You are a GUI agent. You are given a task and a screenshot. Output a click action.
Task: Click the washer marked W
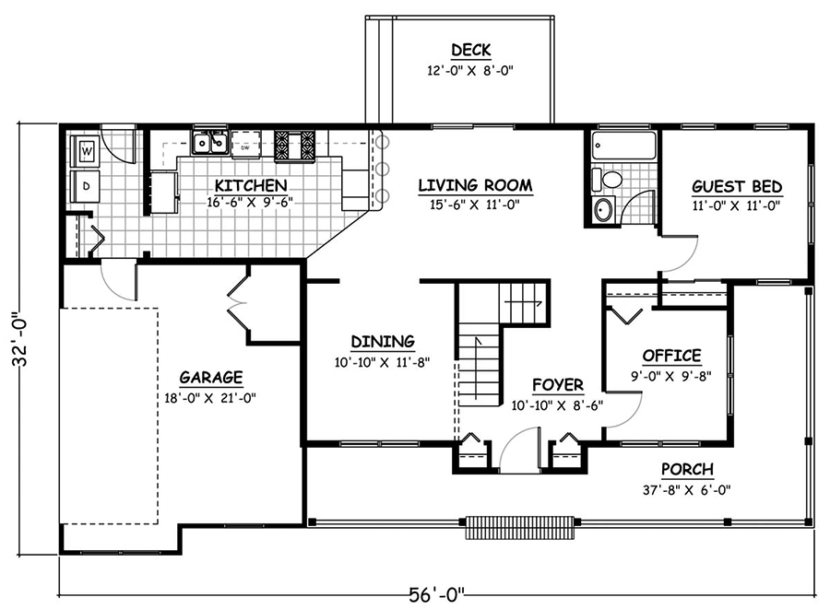tap(86, 149)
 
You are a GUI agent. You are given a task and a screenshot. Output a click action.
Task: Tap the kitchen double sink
tap(209, 143)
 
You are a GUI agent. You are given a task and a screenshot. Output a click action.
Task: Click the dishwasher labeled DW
tap(245, 146)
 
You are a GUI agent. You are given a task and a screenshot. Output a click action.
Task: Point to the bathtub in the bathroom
tap(623, 146)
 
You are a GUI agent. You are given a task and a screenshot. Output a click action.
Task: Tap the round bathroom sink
tap(603, 210)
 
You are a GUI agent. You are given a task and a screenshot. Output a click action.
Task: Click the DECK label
tap(470, 50)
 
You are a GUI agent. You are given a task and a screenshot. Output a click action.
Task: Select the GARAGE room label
tap(211, 377)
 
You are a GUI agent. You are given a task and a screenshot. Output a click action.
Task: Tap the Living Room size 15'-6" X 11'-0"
tap(475, 205)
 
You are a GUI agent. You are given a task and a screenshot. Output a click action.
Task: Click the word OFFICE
tap(671, 356)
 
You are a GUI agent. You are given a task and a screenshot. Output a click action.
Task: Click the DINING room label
tap(383, 342)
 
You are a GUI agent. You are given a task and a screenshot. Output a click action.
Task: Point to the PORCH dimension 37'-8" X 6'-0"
tap(687, 489)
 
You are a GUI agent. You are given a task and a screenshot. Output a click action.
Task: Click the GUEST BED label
tap(737, 186)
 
